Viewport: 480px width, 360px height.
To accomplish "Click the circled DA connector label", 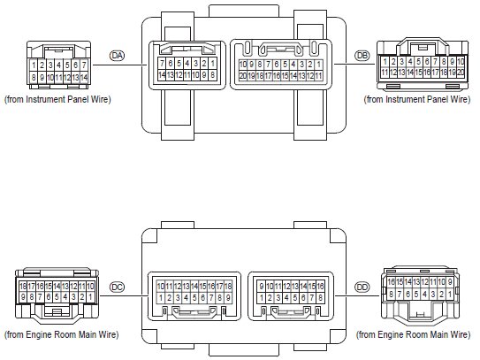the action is pos(117,56).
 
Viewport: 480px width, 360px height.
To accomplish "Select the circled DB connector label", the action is pos(362,56).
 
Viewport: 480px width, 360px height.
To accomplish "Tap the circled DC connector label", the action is pos(117,287).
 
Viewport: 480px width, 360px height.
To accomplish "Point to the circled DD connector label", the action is pos(362,287).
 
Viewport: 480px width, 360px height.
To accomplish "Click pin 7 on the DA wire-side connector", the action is pos(84,65).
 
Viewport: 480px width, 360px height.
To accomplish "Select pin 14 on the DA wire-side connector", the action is pos(84,77).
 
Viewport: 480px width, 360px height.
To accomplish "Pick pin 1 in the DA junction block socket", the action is pos(212,64).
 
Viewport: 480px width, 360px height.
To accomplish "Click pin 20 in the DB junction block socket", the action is pos(243,76).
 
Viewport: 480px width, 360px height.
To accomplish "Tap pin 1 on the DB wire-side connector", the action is pos(385,62).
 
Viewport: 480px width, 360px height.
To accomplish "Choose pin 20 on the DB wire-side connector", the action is pos(461,73).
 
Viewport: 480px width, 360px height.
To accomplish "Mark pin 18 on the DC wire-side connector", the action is pos(23,287).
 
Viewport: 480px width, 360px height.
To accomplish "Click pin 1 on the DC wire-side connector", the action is pos(90,296).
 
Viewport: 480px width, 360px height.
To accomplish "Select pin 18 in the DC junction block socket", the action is pos(228,287).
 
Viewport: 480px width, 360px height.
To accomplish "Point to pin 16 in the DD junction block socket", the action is pos(320,287).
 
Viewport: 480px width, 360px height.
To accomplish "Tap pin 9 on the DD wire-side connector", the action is pos(450,282).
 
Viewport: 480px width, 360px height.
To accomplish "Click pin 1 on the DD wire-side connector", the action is pos(450,295).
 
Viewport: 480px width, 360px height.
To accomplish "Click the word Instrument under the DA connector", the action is pos(46,99).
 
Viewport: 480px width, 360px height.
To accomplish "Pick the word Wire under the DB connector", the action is pos(457,99).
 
